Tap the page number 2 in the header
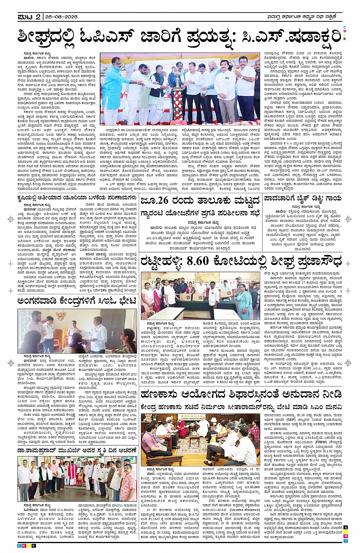pos(38,16)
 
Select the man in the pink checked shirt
pos(128,484)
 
